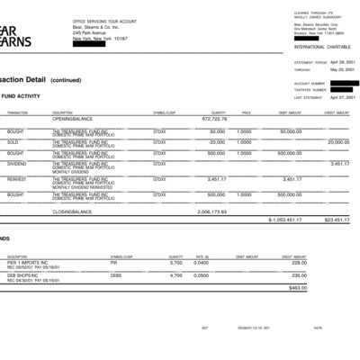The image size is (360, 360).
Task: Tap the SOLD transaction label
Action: click(x=13, y=140)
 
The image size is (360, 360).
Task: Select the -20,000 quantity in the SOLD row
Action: click(x=216, y=141)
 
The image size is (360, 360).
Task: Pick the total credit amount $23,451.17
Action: click(x=336, y=219)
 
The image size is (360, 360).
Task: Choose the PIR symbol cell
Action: click(x=114, y=263)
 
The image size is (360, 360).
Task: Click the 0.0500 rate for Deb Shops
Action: click(x=200, y=274)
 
